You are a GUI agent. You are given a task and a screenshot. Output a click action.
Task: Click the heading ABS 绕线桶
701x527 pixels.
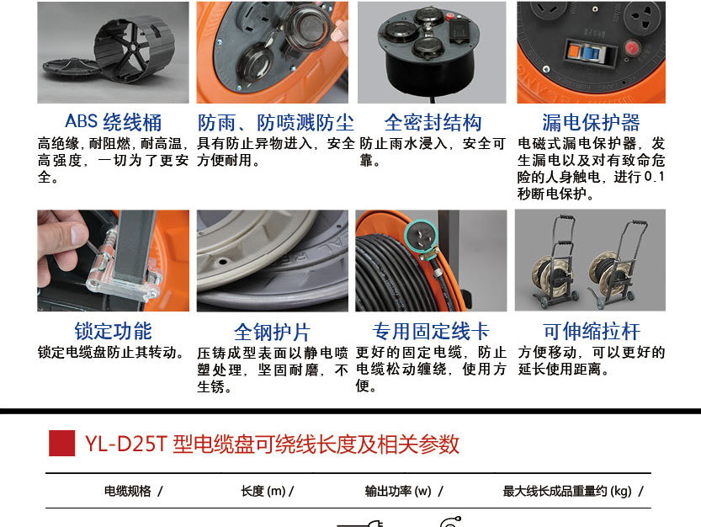point(113,122)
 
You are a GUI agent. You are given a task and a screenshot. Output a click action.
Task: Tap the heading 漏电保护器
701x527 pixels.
point(591,122)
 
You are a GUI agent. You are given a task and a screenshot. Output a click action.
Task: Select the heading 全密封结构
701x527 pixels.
point(433,122)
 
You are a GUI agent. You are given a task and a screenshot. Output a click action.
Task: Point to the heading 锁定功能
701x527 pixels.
point(113,331)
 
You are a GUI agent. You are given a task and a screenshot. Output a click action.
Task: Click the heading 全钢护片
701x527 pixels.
point(273,332)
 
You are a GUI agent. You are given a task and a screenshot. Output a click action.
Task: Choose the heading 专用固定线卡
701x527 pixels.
point(431,332)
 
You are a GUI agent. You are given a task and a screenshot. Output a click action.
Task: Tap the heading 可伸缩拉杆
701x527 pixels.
point(592,332)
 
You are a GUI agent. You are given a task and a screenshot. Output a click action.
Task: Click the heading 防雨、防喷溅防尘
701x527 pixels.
point(276,122)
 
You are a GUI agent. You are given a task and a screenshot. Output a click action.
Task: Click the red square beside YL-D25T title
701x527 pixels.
point(61,444)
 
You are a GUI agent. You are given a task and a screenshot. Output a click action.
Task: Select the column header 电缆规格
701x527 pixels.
point(128,491)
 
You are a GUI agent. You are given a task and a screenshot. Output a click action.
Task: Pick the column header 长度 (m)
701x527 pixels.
point(263,491)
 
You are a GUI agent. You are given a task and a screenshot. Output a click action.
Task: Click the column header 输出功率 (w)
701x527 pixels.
point(398,491)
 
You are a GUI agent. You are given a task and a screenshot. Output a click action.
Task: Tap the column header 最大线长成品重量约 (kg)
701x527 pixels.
point(567,491)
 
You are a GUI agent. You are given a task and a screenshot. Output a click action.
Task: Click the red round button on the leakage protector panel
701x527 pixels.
point(632,47)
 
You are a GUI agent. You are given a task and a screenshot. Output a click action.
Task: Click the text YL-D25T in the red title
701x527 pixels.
point(125,444)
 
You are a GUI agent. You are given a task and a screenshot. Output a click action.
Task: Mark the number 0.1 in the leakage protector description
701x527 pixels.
point(655,177)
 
